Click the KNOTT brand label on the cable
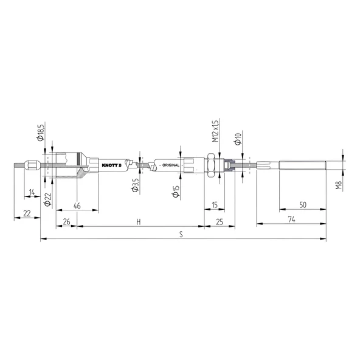click(x=111, y=164)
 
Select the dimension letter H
click(x=139, y=222)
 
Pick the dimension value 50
click(x=303, y=205)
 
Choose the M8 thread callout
click(x=339, y=184)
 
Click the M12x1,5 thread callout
click(x=215, y=131)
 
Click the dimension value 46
click(x=77, y=206)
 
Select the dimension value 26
click(x=66, y=222)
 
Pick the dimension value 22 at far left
click(x=27, y=213)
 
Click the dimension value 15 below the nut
click(x=215, y=205)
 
